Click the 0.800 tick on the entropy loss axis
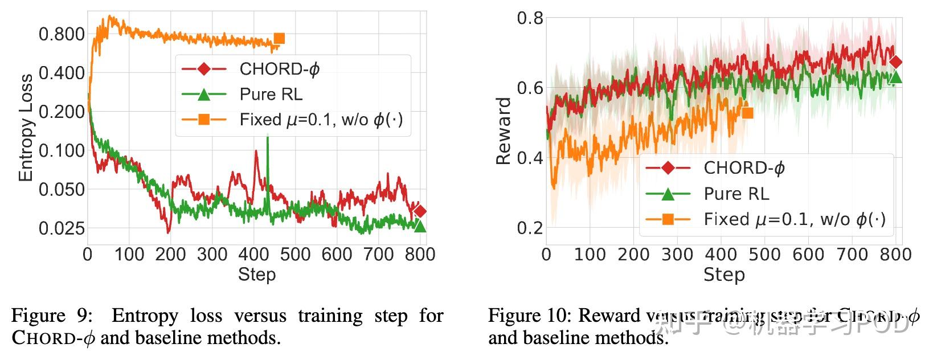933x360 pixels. [x=62, y=34]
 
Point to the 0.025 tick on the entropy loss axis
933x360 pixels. [x=62, y=228]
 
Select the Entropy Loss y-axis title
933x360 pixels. [x=26, y=128]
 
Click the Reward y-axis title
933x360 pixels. [x=504, y=131]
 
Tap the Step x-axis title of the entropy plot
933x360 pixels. [x=257, y=275]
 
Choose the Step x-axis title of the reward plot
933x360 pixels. [x=724, y=275]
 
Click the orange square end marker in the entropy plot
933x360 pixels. [x=279, y=39]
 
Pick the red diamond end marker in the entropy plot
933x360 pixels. [x=420, y=211]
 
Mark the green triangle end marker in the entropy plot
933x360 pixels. [x=420, y=226]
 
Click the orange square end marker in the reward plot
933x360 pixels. [x=747, y=113]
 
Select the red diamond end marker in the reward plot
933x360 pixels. [x=895, y=62]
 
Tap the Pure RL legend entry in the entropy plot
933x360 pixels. [x=271, y=95]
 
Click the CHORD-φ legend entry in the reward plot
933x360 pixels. [x=744, y=168]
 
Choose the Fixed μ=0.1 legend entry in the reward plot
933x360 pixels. [x=795, y=219]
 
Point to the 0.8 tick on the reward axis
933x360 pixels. [x=530, y=18]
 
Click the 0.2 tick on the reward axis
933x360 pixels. [x=530, y=228]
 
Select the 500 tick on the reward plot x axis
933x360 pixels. [x=764, y=255]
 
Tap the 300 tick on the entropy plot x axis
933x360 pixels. [x=212, y=255]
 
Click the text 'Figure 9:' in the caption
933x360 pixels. [x=50, y=316]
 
